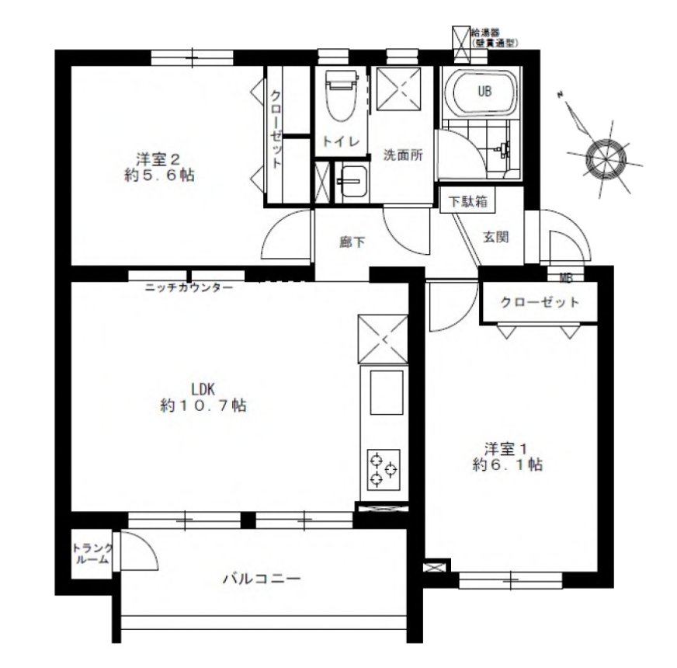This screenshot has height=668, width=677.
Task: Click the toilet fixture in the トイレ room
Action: coord(342,96)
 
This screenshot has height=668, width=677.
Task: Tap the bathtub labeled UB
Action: coord(481,92)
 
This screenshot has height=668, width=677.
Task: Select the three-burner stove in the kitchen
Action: coord(384,470)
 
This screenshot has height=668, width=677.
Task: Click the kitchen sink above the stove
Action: coord(387,392)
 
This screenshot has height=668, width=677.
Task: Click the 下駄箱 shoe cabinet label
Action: coord(467,201)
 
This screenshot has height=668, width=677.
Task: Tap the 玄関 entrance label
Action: coord(495,237)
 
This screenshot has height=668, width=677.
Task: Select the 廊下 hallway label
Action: coord(352,242)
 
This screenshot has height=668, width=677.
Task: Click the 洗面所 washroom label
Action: coord(403,155)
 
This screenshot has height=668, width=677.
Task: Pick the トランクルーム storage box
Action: coord(92,554)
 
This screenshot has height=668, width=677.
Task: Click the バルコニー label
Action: coord(262,579)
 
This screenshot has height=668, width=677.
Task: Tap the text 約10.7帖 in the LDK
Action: coord(203,405)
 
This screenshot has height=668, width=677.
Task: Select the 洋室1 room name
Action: coord(505,448)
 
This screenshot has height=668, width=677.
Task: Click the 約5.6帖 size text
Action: coord(159,176)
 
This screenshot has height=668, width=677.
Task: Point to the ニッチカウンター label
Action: coord(189,287)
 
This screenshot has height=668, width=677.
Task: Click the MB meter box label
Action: coord(566,279)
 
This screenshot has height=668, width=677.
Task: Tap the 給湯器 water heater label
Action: coord(485,32)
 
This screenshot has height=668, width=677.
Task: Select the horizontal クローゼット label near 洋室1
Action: coord(540,302)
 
